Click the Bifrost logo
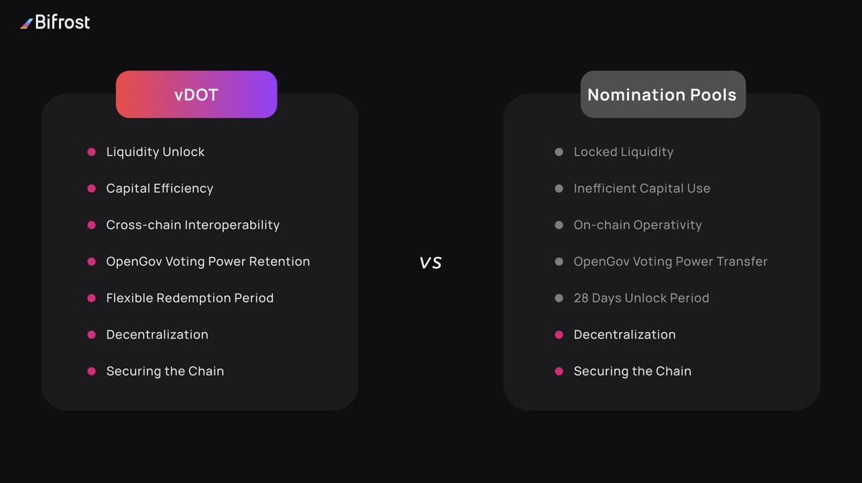(55, 22)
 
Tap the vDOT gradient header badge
(196, 94)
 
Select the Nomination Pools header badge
(662, 94)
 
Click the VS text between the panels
(431, 262)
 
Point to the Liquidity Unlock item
(155, 152)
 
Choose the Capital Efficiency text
(159, 189)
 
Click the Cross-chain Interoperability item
(193, 225)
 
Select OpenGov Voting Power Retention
(208, 262)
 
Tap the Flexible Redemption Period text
(190, 299)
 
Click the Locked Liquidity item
(624, 152)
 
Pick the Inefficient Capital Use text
(641, 189)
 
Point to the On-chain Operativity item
(637, 225)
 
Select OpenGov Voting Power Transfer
(670, 262)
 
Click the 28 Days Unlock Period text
(641, 299)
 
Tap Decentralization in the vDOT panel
(157, 335)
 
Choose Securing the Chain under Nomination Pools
(632, 372)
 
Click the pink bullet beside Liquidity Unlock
(91, 152)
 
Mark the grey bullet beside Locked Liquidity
(559, 152)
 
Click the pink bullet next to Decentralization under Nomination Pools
(559, 335)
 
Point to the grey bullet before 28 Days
(559, 299)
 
